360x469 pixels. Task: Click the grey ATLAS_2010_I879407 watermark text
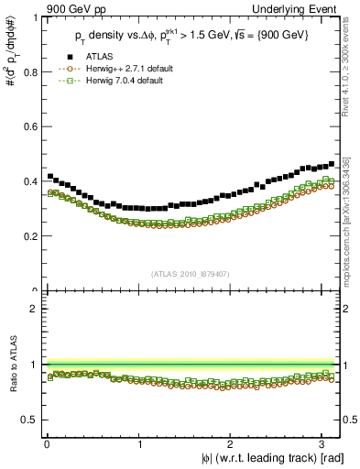tap(190, 273)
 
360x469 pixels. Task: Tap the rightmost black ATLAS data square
tap(332, 164)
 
